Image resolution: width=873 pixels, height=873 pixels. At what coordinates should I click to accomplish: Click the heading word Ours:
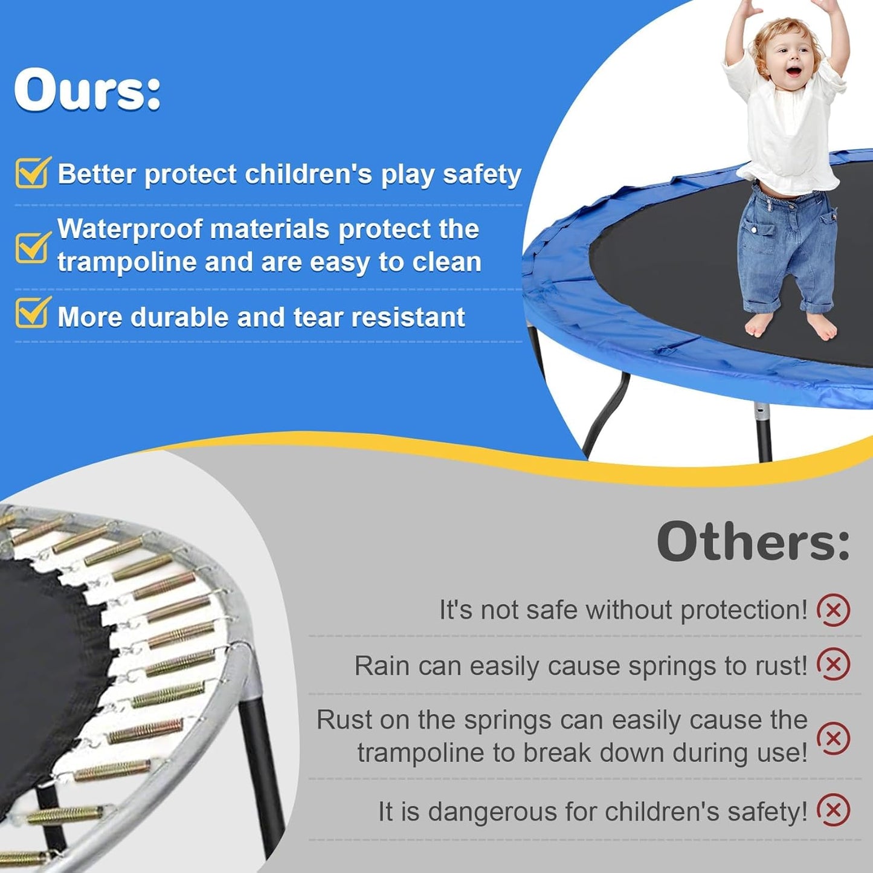pos(88,89)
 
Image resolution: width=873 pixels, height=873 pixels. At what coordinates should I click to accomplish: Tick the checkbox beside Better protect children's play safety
pos(32,173)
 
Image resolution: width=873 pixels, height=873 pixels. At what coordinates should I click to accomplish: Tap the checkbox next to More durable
pos(32,312)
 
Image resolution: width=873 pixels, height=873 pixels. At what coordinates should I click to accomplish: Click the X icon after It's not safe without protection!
pos(833,610)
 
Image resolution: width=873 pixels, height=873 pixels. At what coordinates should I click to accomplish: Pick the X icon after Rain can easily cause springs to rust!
pos(833,665)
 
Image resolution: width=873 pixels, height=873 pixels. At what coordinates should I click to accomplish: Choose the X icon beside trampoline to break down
pos(833,738)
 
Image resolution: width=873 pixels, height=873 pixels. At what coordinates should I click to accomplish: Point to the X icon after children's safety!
pos(833,810)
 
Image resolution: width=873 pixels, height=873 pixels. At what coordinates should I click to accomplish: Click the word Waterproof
pos(129,230)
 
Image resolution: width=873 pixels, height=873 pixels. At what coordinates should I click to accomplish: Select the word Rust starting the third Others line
pos(341,720)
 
